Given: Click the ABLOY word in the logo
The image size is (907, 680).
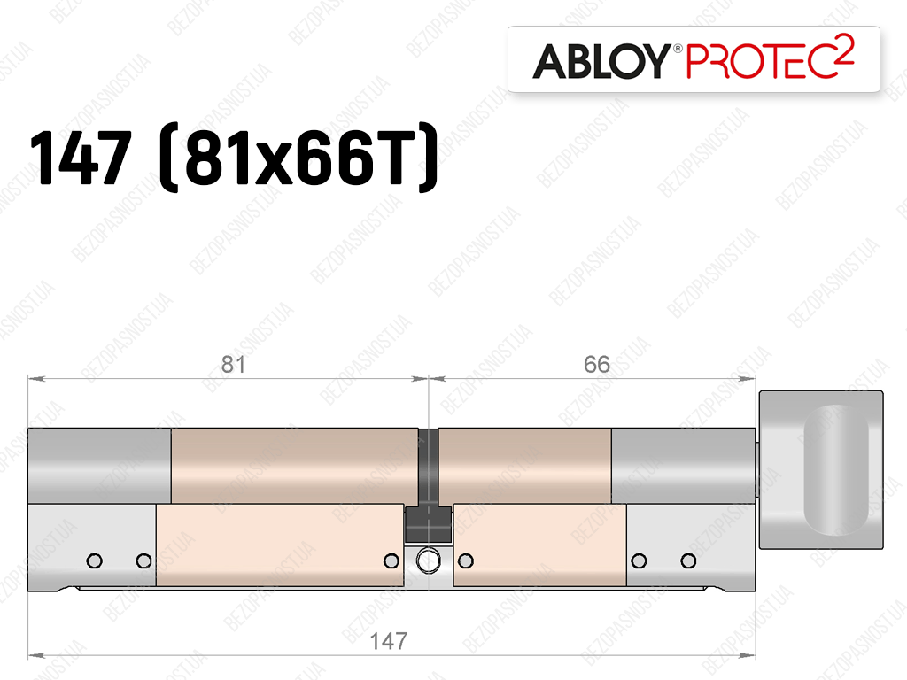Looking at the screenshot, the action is coord(601,61).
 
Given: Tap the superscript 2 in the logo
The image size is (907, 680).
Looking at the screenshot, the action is coord(845,46).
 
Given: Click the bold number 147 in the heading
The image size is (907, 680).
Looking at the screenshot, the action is coord(81,158).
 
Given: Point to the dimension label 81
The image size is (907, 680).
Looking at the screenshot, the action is coord(234,364).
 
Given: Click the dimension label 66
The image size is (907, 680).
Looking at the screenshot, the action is coord(596,364).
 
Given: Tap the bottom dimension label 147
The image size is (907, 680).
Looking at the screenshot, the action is coord(389,641).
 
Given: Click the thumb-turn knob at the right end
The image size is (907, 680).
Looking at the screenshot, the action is coord(821,469).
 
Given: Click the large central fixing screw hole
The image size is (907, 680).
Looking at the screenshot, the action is coord(428,560).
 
